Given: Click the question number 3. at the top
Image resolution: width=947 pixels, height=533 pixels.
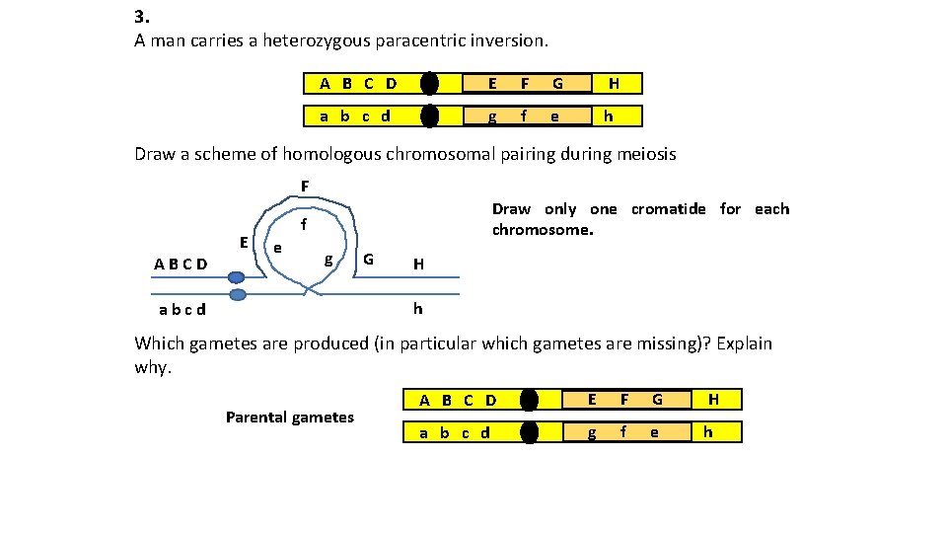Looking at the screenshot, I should click(x=141, y=17).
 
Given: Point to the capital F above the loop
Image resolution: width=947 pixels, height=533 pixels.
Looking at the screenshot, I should click(x=305, y=186).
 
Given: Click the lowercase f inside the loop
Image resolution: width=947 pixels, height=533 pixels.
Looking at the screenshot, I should click(x=304, y=225).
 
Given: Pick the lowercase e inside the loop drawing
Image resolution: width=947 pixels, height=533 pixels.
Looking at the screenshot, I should click(x=279, y=247).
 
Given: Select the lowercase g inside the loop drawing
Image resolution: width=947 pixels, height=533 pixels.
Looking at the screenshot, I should click(x=328, y=259).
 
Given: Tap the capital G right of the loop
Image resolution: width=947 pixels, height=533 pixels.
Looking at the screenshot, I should click(x=368, y=260).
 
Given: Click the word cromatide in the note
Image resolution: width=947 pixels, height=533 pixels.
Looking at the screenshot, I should click(x=669, y=209).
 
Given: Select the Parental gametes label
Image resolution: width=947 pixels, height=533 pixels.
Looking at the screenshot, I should click(x=289, y=417).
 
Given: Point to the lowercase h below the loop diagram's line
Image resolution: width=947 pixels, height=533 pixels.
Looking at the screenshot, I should click(x=417, y=308).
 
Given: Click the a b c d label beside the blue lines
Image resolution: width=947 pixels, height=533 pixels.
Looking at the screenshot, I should click(x=182, y=309).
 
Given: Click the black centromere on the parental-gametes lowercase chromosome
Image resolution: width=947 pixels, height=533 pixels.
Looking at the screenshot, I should click(x=530, y=431).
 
